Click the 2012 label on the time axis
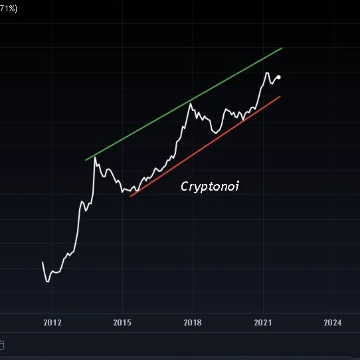pos(52,323)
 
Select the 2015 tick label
pos(122,323)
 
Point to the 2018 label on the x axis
pos(193,323)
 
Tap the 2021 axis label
pos(263,323)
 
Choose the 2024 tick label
pos(333,323)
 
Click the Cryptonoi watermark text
pos(209,187)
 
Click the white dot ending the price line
pos(278,78)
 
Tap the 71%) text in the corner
pos(8,7)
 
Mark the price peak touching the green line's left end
pos(94,157)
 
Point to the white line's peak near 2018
pos(189,103)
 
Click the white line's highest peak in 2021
pos(266,73)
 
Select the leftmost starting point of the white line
pos(43,262)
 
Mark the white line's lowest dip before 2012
pos(47,282)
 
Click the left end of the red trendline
pos(131,197)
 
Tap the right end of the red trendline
pos(280,96)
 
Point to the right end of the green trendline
pos(282,48)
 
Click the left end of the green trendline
pos(86,160)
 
